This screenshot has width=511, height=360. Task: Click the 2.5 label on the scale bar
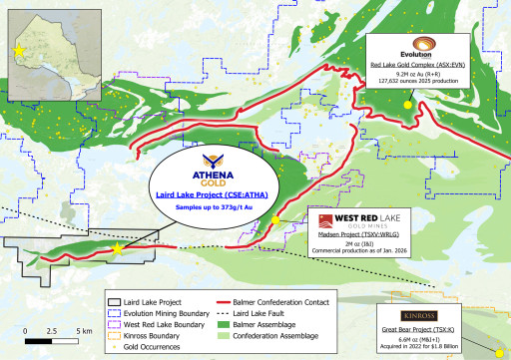click(52, 329)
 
